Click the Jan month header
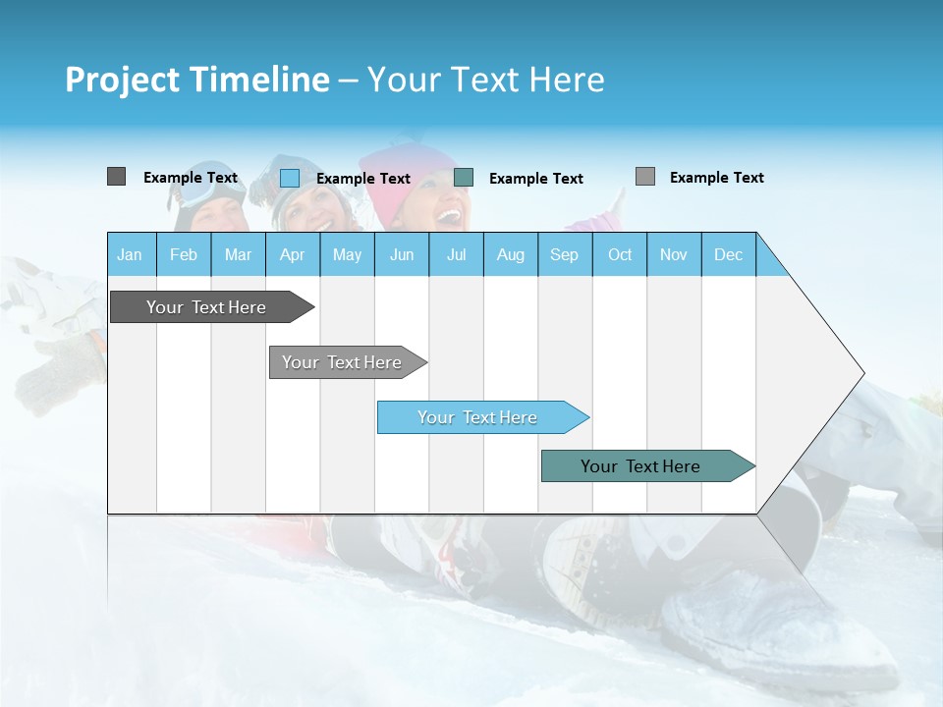pyautogui.click(x=130, y=254)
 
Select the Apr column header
pyautogui.click(x=292, y=254)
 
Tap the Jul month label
pyautogui.click(x=456, y=254)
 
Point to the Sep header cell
pyautogui.click(x=564, y=254)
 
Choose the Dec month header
pyautogui.click(x=728, y=254)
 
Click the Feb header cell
pyautogui.click(x=184, y=254)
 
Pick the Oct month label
pyautogui.click(x=620, y=254)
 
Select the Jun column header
pyautogui.click(x=402, y=254)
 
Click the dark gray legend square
pyautogui.click(x=116, y=177)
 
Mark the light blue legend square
pyautogui.click(x=289, y=178)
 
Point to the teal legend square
pyautogui.click(x=464, y=178)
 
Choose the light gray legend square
pyautogui.click(x=644, y=177)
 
